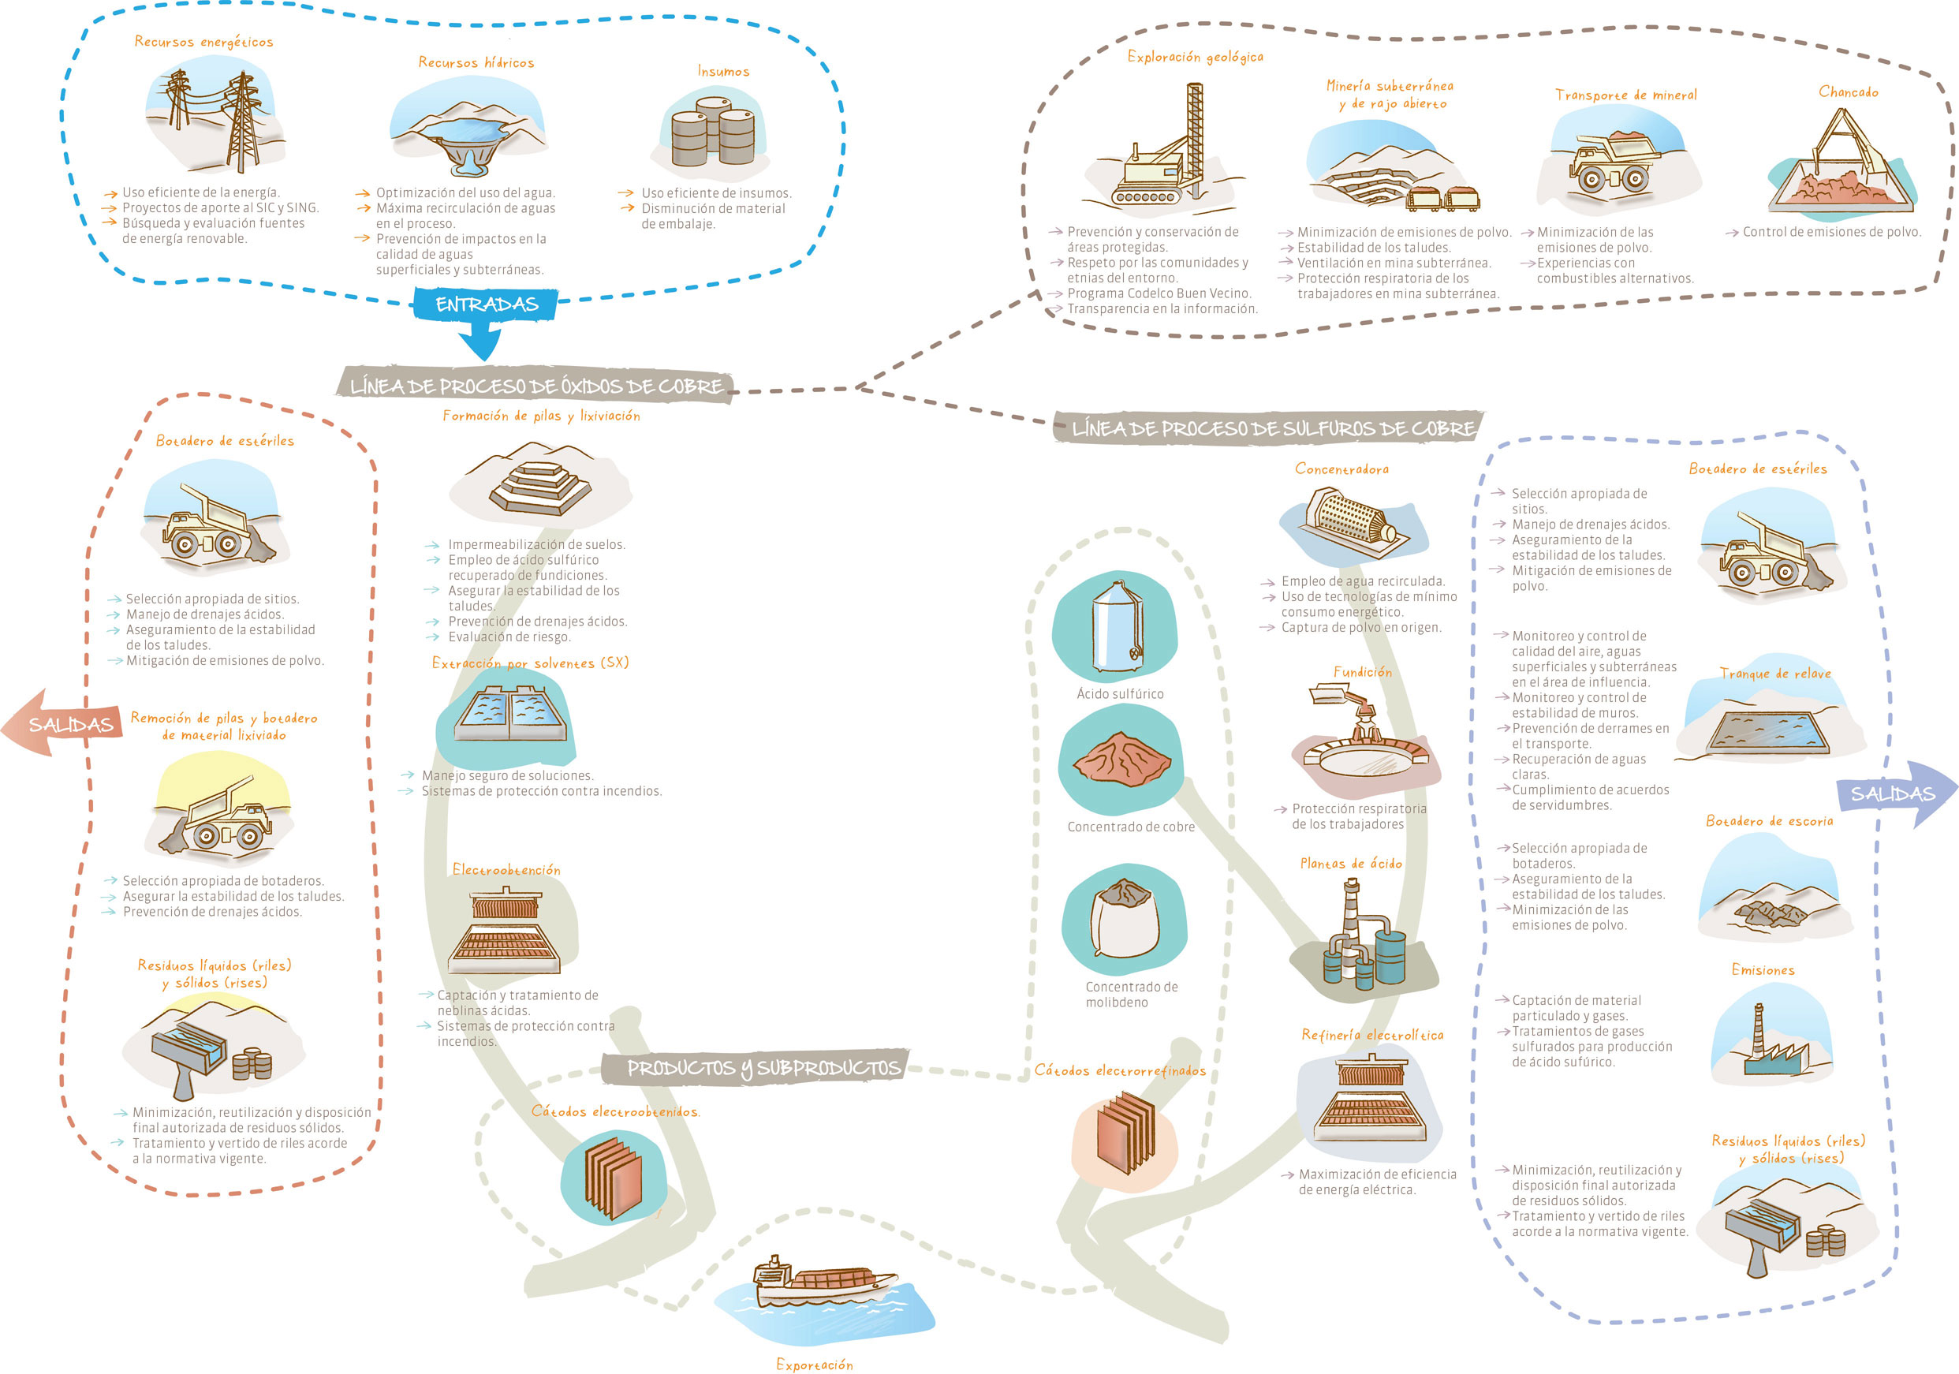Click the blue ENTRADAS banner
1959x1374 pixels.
[486, 304]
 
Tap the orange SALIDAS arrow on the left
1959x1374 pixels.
[62, 724]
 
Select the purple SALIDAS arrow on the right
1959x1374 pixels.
[1897, 793]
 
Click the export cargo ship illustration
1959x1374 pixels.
[823, 1281]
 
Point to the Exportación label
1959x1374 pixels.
[814, 1364]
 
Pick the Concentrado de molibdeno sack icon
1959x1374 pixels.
[1125, 918]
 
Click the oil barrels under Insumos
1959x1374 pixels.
[712, 132]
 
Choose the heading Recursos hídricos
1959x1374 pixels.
[476, 62]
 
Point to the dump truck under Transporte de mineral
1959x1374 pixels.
[1614, 163]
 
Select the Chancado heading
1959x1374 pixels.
[1848, 91]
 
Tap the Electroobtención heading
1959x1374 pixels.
[506, 870]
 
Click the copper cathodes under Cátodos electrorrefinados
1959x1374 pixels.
[1125, 1133]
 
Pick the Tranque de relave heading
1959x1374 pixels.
[1774, 674]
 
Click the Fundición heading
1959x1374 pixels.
[1362, 673]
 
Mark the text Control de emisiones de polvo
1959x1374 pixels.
[1831, 232]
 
